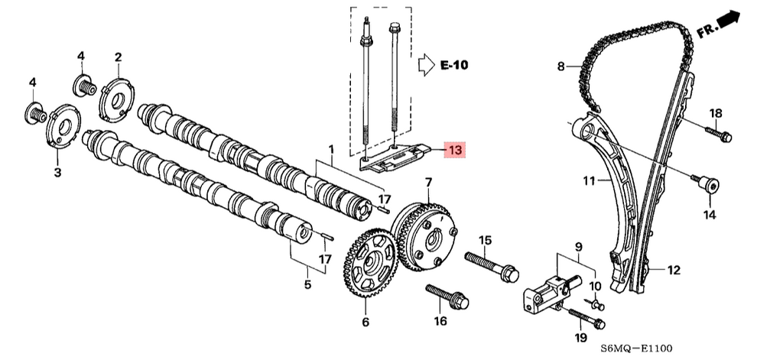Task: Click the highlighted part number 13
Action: (x=455, y=150)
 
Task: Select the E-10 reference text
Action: (x=454, y=66)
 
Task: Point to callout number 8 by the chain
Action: (x=561, y=67)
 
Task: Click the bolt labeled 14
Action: (x=707, y=186)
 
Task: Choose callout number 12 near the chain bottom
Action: (x=673, y=270)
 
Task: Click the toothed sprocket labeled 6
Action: (x=371, y=269)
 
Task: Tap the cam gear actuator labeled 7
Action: (x=424, y=235)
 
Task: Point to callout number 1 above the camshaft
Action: (x=331, y=148)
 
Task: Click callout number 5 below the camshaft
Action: (x=307, y=285)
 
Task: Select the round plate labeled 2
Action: (x=119, y=99)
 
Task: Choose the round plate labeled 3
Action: (x=62, y=128)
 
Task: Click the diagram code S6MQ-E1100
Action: (x=636, y=348)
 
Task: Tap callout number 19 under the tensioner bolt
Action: (x=580, y=338)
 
